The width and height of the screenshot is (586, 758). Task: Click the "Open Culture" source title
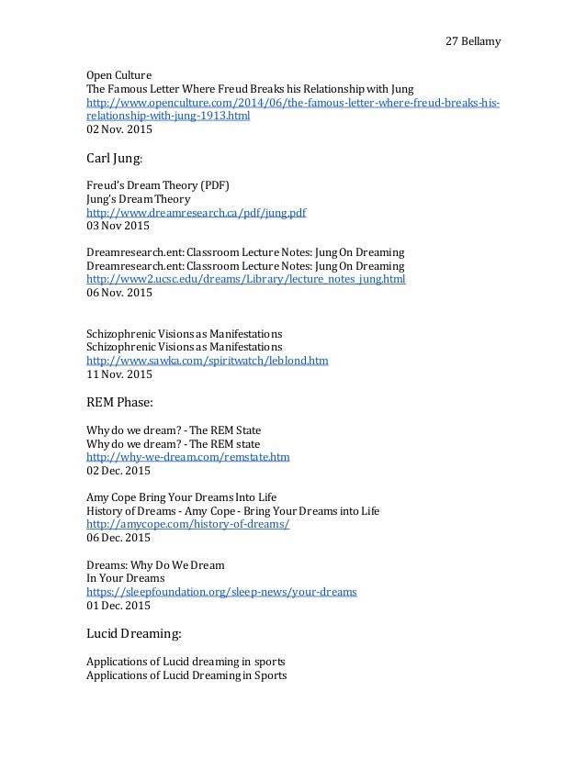point(118,74)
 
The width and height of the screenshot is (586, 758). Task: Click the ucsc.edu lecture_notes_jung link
point(245,279)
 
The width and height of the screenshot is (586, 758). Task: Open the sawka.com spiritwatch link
point(207,362)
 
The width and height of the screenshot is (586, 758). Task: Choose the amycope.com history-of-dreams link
point(187,524)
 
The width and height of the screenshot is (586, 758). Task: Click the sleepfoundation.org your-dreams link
point(221,592)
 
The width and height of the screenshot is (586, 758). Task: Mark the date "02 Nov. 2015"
point(119,131)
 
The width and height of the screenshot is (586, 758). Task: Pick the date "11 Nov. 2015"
point(119,375)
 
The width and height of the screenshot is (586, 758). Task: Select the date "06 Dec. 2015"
point(119,538)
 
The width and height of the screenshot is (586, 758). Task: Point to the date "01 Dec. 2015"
point(119,606)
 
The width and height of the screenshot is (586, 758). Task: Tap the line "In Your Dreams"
point(125,578)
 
